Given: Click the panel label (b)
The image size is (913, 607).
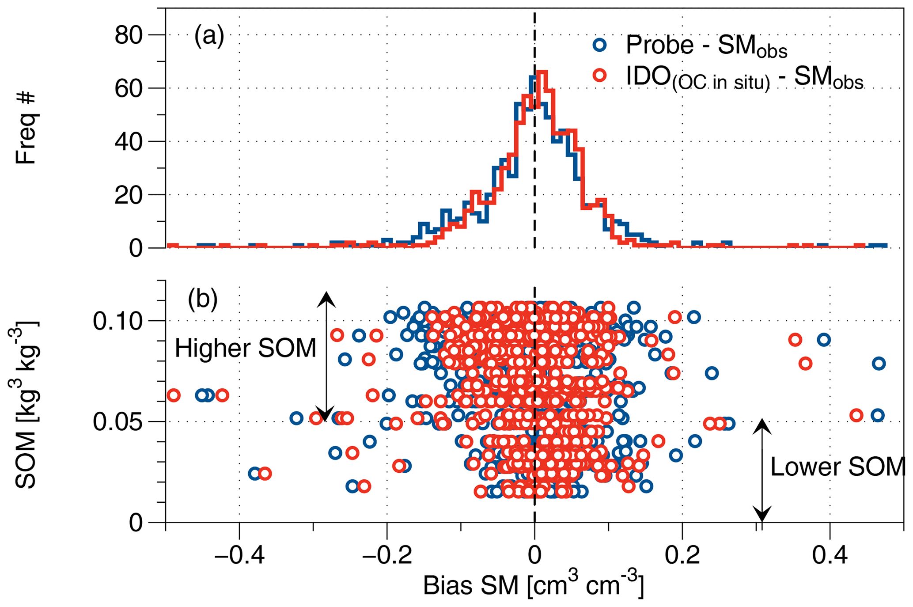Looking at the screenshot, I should [203, 300].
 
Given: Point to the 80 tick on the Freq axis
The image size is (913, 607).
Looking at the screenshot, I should [129, 35].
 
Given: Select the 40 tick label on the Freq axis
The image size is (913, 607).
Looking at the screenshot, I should [129, 142].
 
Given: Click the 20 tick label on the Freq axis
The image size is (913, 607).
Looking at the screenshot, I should [129, 195].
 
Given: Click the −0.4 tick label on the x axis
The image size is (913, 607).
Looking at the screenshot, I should [239, 555].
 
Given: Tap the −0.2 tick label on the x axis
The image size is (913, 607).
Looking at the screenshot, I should [387, 555].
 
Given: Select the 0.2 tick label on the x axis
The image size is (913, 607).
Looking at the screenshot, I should [682, 555].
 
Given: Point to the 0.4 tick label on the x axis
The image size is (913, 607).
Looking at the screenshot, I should [830, 555].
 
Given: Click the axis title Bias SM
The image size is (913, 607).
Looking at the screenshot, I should [533, 585].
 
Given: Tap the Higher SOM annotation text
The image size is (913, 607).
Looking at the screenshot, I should [246, 348].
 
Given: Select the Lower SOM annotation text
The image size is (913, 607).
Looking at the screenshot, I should [837, 467].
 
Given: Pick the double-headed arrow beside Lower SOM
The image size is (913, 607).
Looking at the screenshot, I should [762, 470].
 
